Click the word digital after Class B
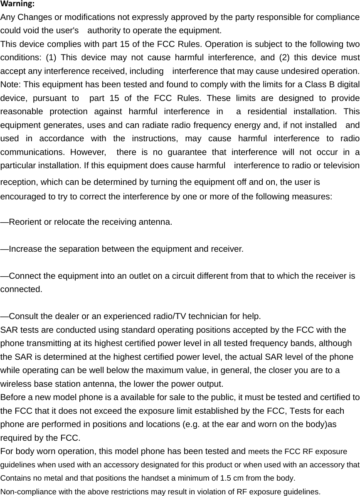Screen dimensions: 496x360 pos(348,85)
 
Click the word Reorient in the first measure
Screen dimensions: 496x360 pos(25,222)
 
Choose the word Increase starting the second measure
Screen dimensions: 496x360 pos(25,249)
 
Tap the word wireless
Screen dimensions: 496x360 pos(15,383)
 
